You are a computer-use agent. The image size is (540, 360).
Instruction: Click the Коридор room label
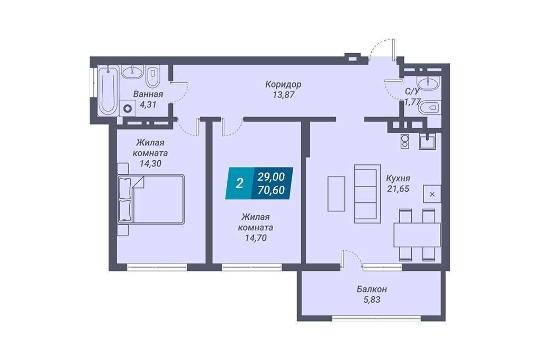pos(283,84)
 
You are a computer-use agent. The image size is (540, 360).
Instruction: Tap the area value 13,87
pos(283,95)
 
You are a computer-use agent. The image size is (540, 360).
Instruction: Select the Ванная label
pos(148,94)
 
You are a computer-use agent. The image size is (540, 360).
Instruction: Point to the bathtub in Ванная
pos(108,90)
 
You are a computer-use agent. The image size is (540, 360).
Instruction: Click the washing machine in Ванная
pos(128,109)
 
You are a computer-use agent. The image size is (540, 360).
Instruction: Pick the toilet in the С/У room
pos(429,108)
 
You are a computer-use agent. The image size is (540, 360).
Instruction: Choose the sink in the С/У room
pos(428,83)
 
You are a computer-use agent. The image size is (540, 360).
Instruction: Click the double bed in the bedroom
pos(151,199)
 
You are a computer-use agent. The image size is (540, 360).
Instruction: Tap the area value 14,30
pos(150,163)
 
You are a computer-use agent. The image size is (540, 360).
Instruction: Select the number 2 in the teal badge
pos(239,183)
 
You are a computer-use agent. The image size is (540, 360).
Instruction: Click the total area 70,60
pos(272,190)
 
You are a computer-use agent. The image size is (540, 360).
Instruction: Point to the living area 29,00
pos(272,177)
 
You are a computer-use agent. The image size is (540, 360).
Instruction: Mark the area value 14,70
pos(256,238)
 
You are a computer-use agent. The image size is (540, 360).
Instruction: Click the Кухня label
pos(398,178)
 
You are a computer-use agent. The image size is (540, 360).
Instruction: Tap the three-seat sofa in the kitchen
pos(368,194)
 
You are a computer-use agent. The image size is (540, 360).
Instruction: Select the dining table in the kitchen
pos(417,235)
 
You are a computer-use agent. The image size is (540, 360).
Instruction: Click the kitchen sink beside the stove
pos(427,141)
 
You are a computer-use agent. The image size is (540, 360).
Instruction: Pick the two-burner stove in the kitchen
pos(405,141)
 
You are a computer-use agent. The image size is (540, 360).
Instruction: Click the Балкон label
pos(372,289)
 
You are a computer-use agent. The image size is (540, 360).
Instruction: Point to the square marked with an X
pos(432,194)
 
